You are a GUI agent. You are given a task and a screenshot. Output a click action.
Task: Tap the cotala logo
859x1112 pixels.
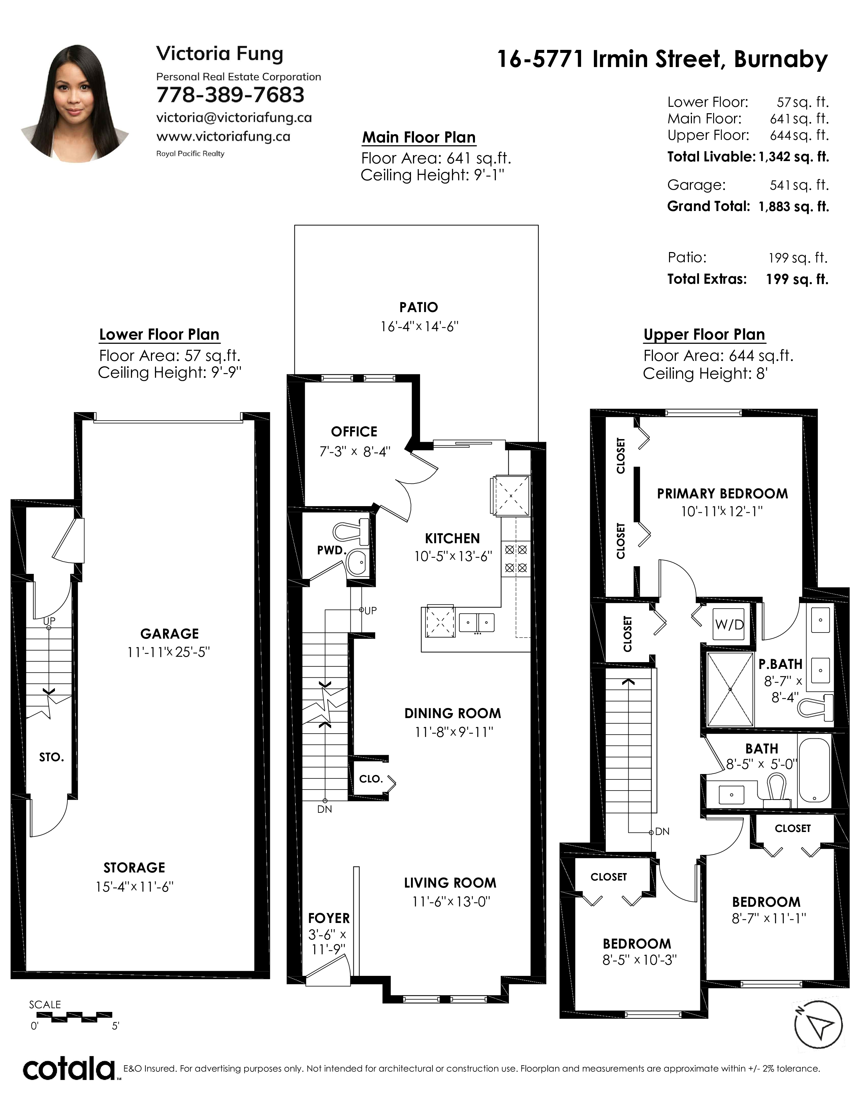pyautogui.click(x=69, y=1069)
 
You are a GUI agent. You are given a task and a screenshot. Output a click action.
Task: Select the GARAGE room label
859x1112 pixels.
pyautogui.click(x=169, y=634)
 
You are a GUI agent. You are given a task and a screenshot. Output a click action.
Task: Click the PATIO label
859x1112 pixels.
pyautogui.click(x=418, y=308)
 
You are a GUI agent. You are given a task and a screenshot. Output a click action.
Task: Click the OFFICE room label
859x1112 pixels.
pyautogui.click(x=354, y=432)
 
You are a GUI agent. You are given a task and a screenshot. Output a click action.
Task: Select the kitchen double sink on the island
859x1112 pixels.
pyautogui.click(x=477, y=622)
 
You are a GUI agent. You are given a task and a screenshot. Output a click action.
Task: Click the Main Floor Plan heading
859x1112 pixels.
pyautogui.click(x=419, y=137)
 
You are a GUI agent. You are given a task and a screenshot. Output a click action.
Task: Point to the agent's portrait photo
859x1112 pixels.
pyautogui.click(x=75, y=103)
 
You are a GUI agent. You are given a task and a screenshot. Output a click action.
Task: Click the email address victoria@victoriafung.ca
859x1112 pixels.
pyautogui.click(x=234, y=118)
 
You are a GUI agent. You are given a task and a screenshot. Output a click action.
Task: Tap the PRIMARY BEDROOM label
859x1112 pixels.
pyautogui.click(x=722, y=494)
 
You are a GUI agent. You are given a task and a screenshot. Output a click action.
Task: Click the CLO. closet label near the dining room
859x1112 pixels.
pyautogui.click(x=371, y=779)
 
